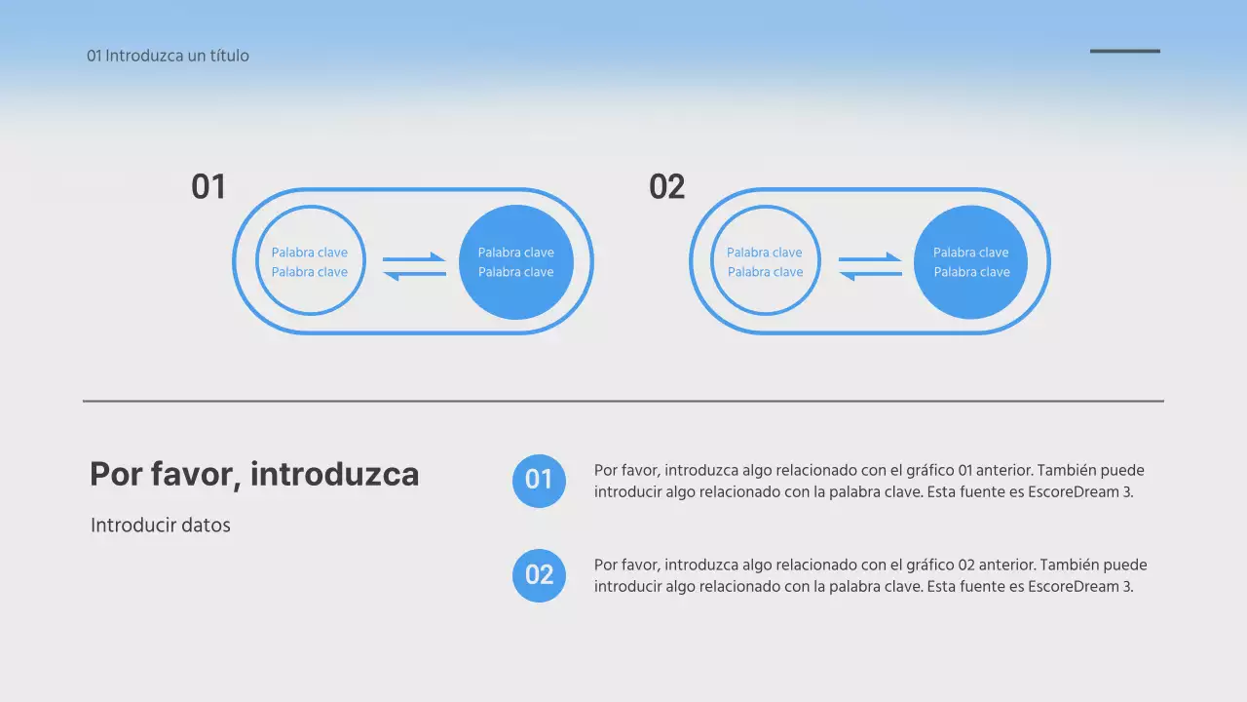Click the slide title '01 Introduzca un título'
(x=168, y=56)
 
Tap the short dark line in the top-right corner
(x=1124, y=52)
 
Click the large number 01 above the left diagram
(x=208, y=186)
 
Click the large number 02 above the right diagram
(x=667, y=186)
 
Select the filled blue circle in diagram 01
(x=516, y=262)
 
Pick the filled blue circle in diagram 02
(x=971, y=262)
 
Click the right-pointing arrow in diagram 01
(x=414, y=258)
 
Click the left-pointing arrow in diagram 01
(x=414, y=275)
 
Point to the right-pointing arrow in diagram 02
(x=870, y=258)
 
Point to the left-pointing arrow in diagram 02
(x=870, y=275)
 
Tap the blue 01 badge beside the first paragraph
(x=539, y=481)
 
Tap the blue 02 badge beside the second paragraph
(x=539, y=575)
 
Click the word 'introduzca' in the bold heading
(x=334, y=475)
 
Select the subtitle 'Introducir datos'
(x=161, y=526)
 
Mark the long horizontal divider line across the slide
(x=623, y=401)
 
